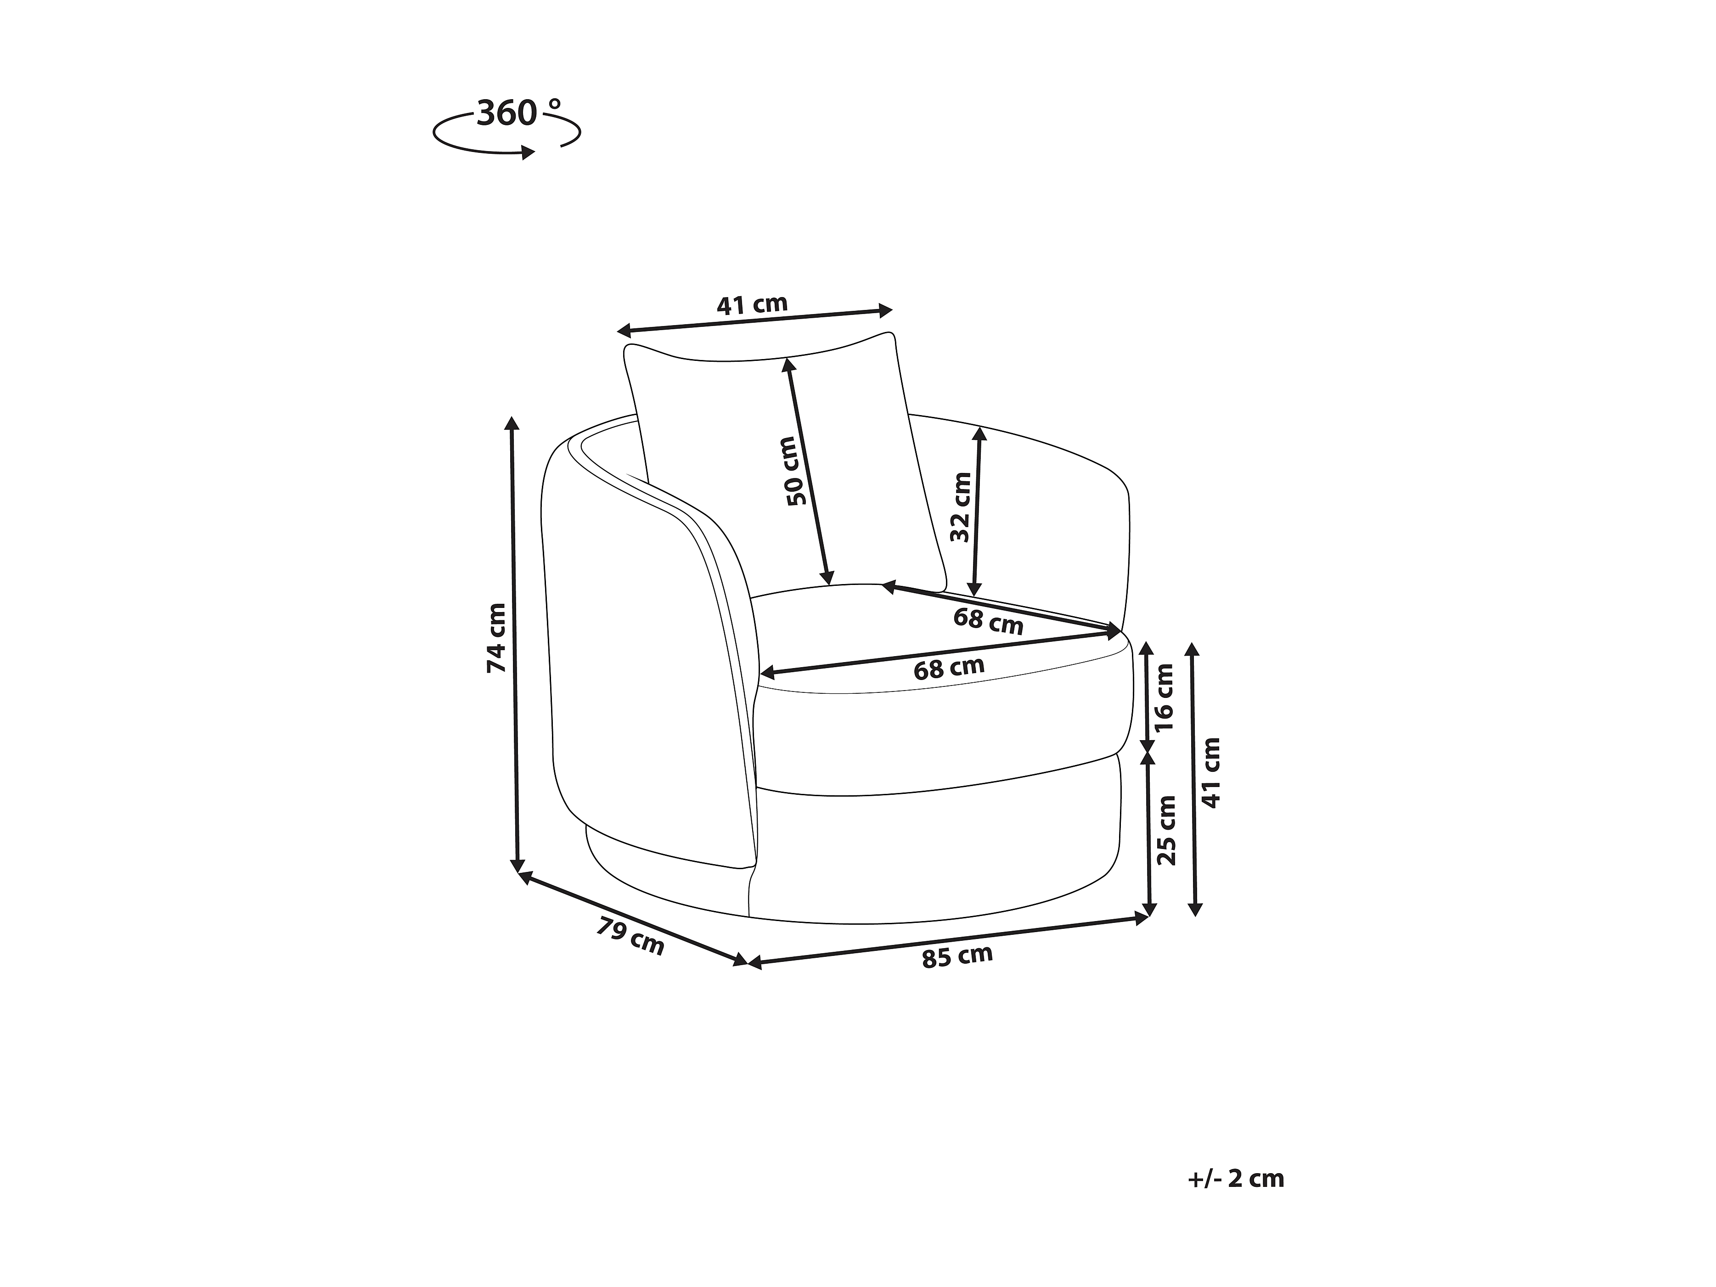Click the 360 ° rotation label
518,113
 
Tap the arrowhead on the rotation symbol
528,153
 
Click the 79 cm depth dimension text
630,936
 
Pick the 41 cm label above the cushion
752,304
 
